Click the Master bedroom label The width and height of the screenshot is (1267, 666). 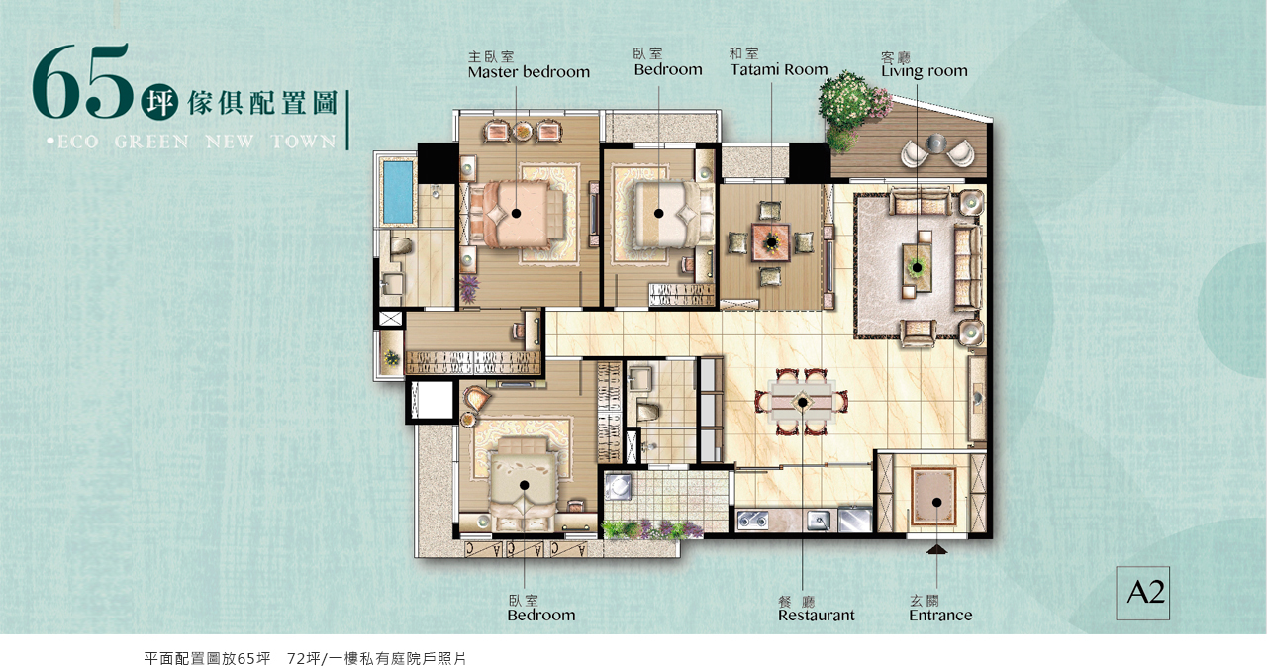[x=529, y=72]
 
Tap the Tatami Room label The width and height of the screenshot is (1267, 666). [x=779, y=69]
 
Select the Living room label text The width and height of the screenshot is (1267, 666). [x=925, y=70]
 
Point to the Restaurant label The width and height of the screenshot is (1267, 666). [x=817, y=616]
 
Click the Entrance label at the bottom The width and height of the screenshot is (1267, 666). [x=940, y=616]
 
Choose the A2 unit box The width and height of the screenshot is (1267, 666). [x=1142, y=593]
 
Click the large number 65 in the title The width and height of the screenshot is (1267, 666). [x=80, y=82]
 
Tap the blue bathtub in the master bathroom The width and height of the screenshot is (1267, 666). [x=398, y=191]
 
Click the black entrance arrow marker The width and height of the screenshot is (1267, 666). [x=937, y=549]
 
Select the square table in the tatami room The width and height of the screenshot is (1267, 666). [x=770, y=242]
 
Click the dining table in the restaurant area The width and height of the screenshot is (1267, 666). [x=802, y=403]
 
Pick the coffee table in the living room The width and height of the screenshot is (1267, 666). [x=917, y=267]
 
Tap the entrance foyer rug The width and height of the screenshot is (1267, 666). [x=932, y=498]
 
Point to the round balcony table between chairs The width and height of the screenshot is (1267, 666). [x=935, y=143]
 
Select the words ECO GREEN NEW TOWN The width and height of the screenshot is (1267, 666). [x=192, y=142]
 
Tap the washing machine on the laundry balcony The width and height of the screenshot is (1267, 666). [x=619, y=487]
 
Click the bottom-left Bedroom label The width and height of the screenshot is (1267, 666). [x=540, y=616]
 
